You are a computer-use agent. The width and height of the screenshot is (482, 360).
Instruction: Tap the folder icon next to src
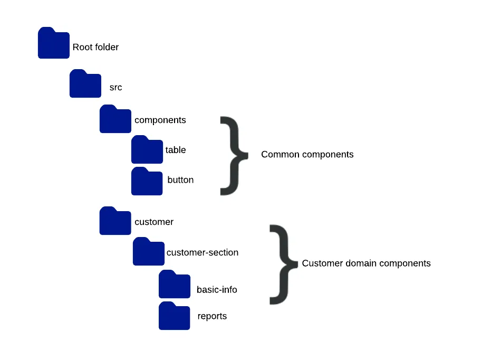click(x=85, y=84)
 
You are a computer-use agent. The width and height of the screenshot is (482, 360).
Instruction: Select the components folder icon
click(x=115, y=119)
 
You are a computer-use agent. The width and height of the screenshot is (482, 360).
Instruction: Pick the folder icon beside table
click(x=147, y=150)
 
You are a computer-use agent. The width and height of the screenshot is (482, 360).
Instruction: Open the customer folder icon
click(x=115, y=221)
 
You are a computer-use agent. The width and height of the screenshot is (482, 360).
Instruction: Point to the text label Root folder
click(x=95, y=47)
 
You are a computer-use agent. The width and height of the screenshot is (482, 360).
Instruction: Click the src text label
click(x=115, y=87)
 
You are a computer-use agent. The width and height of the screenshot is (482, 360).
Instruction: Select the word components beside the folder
click(x=160, y=120)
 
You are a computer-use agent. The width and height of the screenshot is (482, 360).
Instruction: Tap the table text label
click(x=176, y=150)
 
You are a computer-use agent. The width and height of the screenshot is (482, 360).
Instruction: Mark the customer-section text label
click(x=203, y=252)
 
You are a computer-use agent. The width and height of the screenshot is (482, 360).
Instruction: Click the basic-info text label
click(x=217, y=289)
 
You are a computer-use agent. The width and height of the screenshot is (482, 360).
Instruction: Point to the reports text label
click(x=212, y=316)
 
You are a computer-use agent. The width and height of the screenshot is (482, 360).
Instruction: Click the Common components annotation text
click(x=307, y=155)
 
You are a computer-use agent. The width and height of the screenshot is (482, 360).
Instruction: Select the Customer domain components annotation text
click(x=366, y=263)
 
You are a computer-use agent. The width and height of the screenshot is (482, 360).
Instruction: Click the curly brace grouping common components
click(x=233, y=155)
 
